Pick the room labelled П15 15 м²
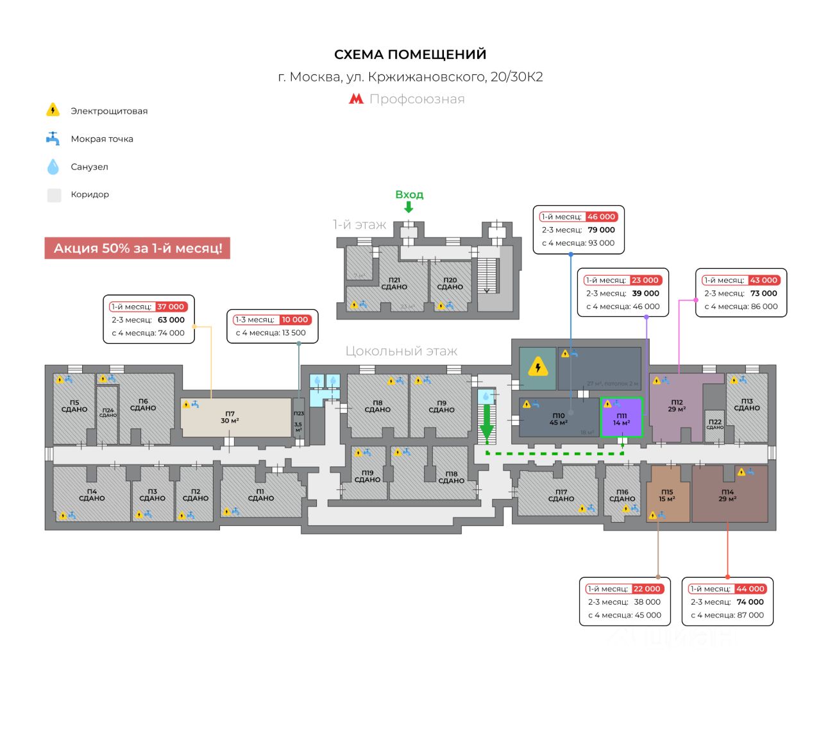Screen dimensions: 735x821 667,496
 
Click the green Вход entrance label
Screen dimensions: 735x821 409,194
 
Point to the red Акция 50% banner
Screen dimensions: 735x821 137,248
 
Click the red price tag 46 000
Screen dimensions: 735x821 601,217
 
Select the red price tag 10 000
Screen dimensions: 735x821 295,319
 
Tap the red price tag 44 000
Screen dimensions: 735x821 750,589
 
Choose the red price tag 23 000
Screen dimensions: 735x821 645,280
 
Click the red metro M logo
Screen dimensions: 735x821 356,99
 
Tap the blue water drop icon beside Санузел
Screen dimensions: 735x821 53,167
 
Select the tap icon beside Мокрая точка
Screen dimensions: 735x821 53,139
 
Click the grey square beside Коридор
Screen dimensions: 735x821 54,195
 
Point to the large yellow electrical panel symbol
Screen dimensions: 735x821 537,368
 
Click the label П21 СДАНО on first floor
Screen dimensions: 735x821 394,283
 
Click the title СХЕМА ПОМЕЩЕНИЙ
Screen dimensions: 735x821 410,55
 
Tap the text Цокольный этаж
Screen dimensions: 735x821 402,351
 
